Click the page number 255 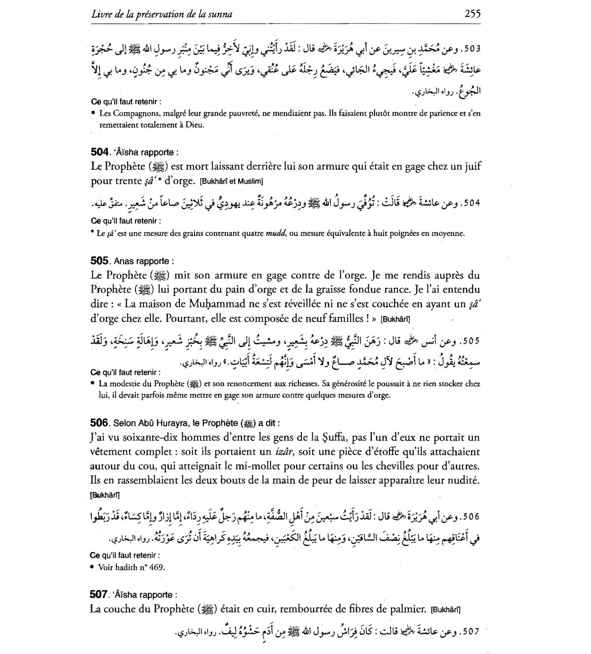tap(472, 13)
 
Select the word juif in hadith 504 tap(472, 166)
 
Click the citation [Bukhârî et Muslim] tap(231, 182)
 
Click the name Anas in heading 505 tap(124, 261)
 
